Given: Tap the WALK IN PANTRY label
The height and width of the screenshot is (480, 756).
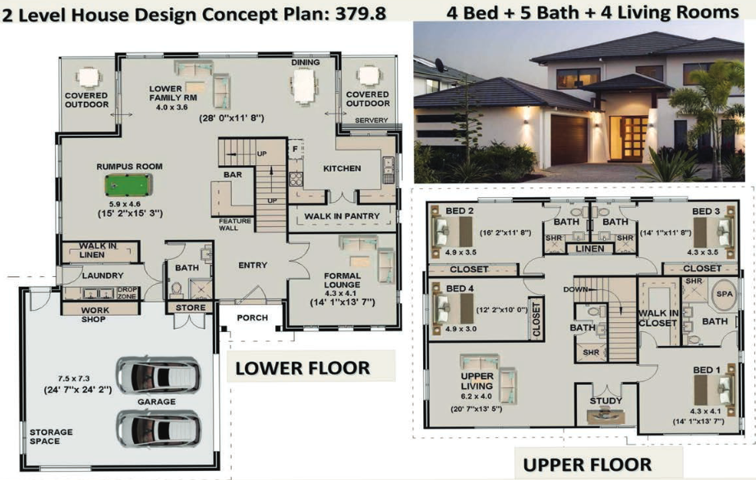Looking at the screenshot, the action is click(342, 216).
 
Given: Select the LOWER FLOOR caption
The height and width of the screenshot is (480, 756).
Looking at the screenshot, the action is click(302, 368).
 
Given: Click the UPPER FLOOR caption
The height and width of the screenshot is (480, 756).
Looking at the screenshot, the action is click(588, 464).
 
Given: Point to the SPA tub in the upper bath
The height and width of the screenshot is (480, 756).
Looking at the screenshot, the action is click(724, 294).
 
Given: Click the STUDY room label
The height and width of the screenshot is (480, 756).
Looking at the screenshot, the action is click(606, 401).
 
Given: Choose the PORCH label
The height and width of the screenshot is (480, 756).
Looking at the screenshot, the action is click(252, 318).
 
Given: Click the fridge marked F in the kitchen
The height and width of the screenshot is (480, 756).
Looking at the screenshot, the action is click(296, 149).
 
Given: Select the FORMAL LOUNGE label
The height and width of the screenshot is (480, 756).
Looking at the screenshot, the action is click(342, 280).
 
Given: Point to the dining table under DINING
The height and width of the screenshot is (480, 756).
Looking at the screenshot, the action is click(304, 86).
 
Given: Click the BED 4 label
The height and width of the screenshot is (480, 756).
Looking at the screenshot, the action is click(459, 288).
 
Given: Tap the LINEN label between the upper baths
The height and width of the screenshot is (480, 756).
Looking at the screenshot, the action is click(590, 249).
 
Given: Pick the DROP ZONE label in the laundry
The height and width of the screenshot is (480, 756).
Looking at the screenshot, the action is click(127, 293).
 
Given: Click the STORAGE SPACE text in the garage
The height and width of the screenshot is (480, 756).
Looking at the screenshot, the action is click(51, 436).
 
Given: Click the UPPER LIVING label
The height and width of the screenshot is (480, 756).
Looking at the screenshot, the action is click(477, 381).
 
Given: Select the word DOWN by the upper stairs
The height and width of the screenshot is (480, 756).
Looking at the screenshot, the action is click(576, 289).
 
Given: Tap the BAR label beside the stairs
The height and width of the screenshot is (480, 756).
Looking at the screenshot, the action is click(233, 174).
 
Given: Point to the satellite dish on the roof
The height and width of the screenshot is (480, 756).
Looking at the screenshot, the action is click(440, 64).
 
